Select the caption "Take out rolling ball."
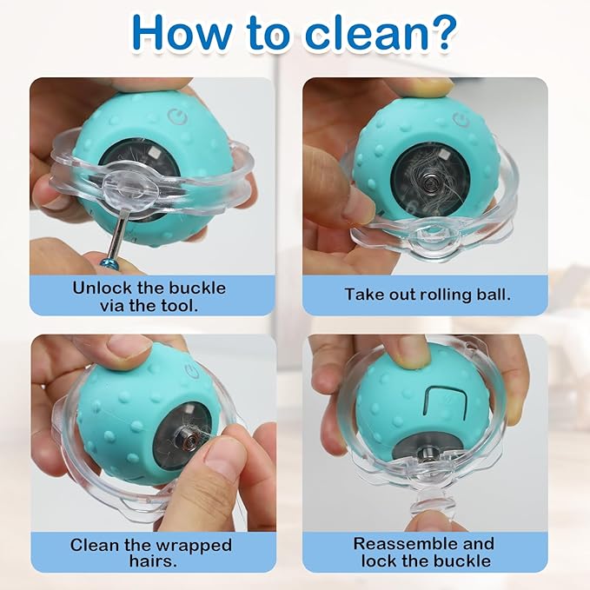pyautogui.click(x=428, y=294)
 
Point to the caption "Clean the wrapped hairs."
pyautogui.click(x=150, y=552)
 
